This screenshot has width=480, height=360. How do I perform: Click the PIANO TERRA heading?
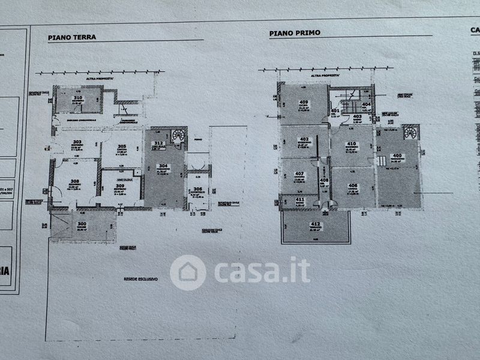(71, 37)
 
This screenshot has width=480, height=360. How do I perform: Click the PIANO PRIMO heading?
(295, 34)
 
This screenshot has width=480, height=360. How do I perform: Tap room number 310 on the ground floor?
(77, 97)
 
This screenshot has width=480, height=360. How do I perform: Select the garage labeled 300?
(82, 224)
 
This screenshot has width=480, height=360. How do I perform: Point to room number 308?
(75, 182)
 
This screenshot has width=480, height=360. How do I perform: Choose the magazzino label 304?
(162, 166)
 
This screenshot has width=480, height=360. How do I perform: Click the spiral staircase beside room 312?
(178, 136)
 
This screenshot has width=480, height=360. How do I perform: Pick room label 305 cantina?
(121, 146)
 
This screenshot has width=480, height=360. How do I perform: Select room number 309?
(121, 186)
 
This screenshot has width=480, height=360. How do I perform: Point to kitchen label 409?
(304, 102)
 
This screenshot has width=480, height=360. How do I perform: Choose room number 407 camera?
(299, 174)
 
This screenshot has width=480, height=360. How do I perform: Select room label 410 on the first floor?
(352, 144)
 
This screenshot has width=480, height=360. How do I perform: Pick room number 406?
(353, 185)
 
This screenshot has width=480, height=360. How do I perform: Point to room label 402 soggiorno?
(304, 139)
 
